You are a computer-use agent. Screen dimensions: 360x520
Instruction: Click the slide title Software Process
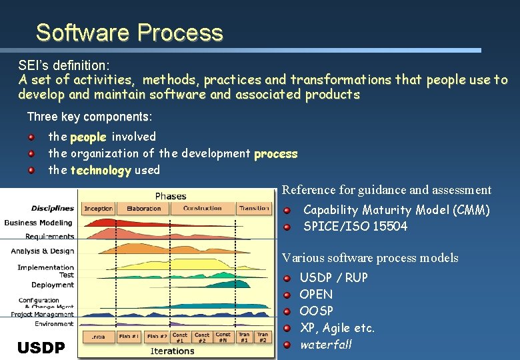click(129, 33)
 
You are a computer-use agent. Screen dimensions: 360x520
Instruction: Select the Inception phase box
click(98, 209)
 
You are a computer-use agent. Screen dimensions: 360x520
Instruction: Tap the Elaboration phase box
click(143, 209)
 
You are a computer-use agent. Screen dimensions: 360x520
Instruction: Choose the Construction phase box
click(202, 209)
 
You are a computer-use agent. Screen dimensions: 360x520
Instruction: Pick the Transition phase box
click(253, 209)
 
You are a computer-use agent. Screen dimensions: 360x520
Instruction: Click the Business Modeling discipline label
click(39, 223)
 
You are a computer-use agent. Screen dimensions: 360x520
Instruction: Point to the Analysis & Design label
click(42, 251)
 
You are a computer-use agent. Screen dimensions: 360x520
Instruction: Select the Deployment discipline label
click(52, 285)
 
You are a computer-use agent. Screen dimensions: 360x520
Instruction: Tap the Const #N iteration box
click(223, 338)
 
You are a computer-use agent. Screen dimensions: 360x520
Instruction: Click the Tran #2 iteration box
click(263, 338)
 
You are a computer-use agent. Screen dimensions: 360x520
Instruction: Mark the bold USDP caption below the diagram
click(41, 347)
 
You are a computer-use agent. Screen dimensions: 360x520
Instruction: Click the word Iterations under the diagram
click(173, 351)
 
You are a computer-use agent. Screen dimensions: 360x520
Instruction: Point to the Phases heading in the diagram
click(171, 196)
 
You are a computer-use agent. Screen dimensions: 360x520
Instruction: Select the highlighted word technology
click(101, 170)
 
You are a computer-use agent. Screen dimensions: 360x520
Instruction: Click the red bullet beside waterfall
click(286, 345)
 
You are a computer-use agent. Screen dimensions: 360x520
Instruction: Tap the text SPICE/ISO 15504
click(355, 227)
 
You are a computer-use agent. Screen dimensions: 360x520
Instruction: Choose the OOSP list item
click(316, 311)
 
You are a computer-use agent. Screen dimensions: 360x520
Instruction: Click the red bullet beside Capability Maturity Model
click(286, 211)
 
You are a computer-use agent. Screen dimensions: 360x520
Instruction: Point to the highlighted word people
click(88, 137)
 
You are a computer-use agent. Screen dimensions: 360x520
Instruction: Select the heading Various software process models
click(370, 258)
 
